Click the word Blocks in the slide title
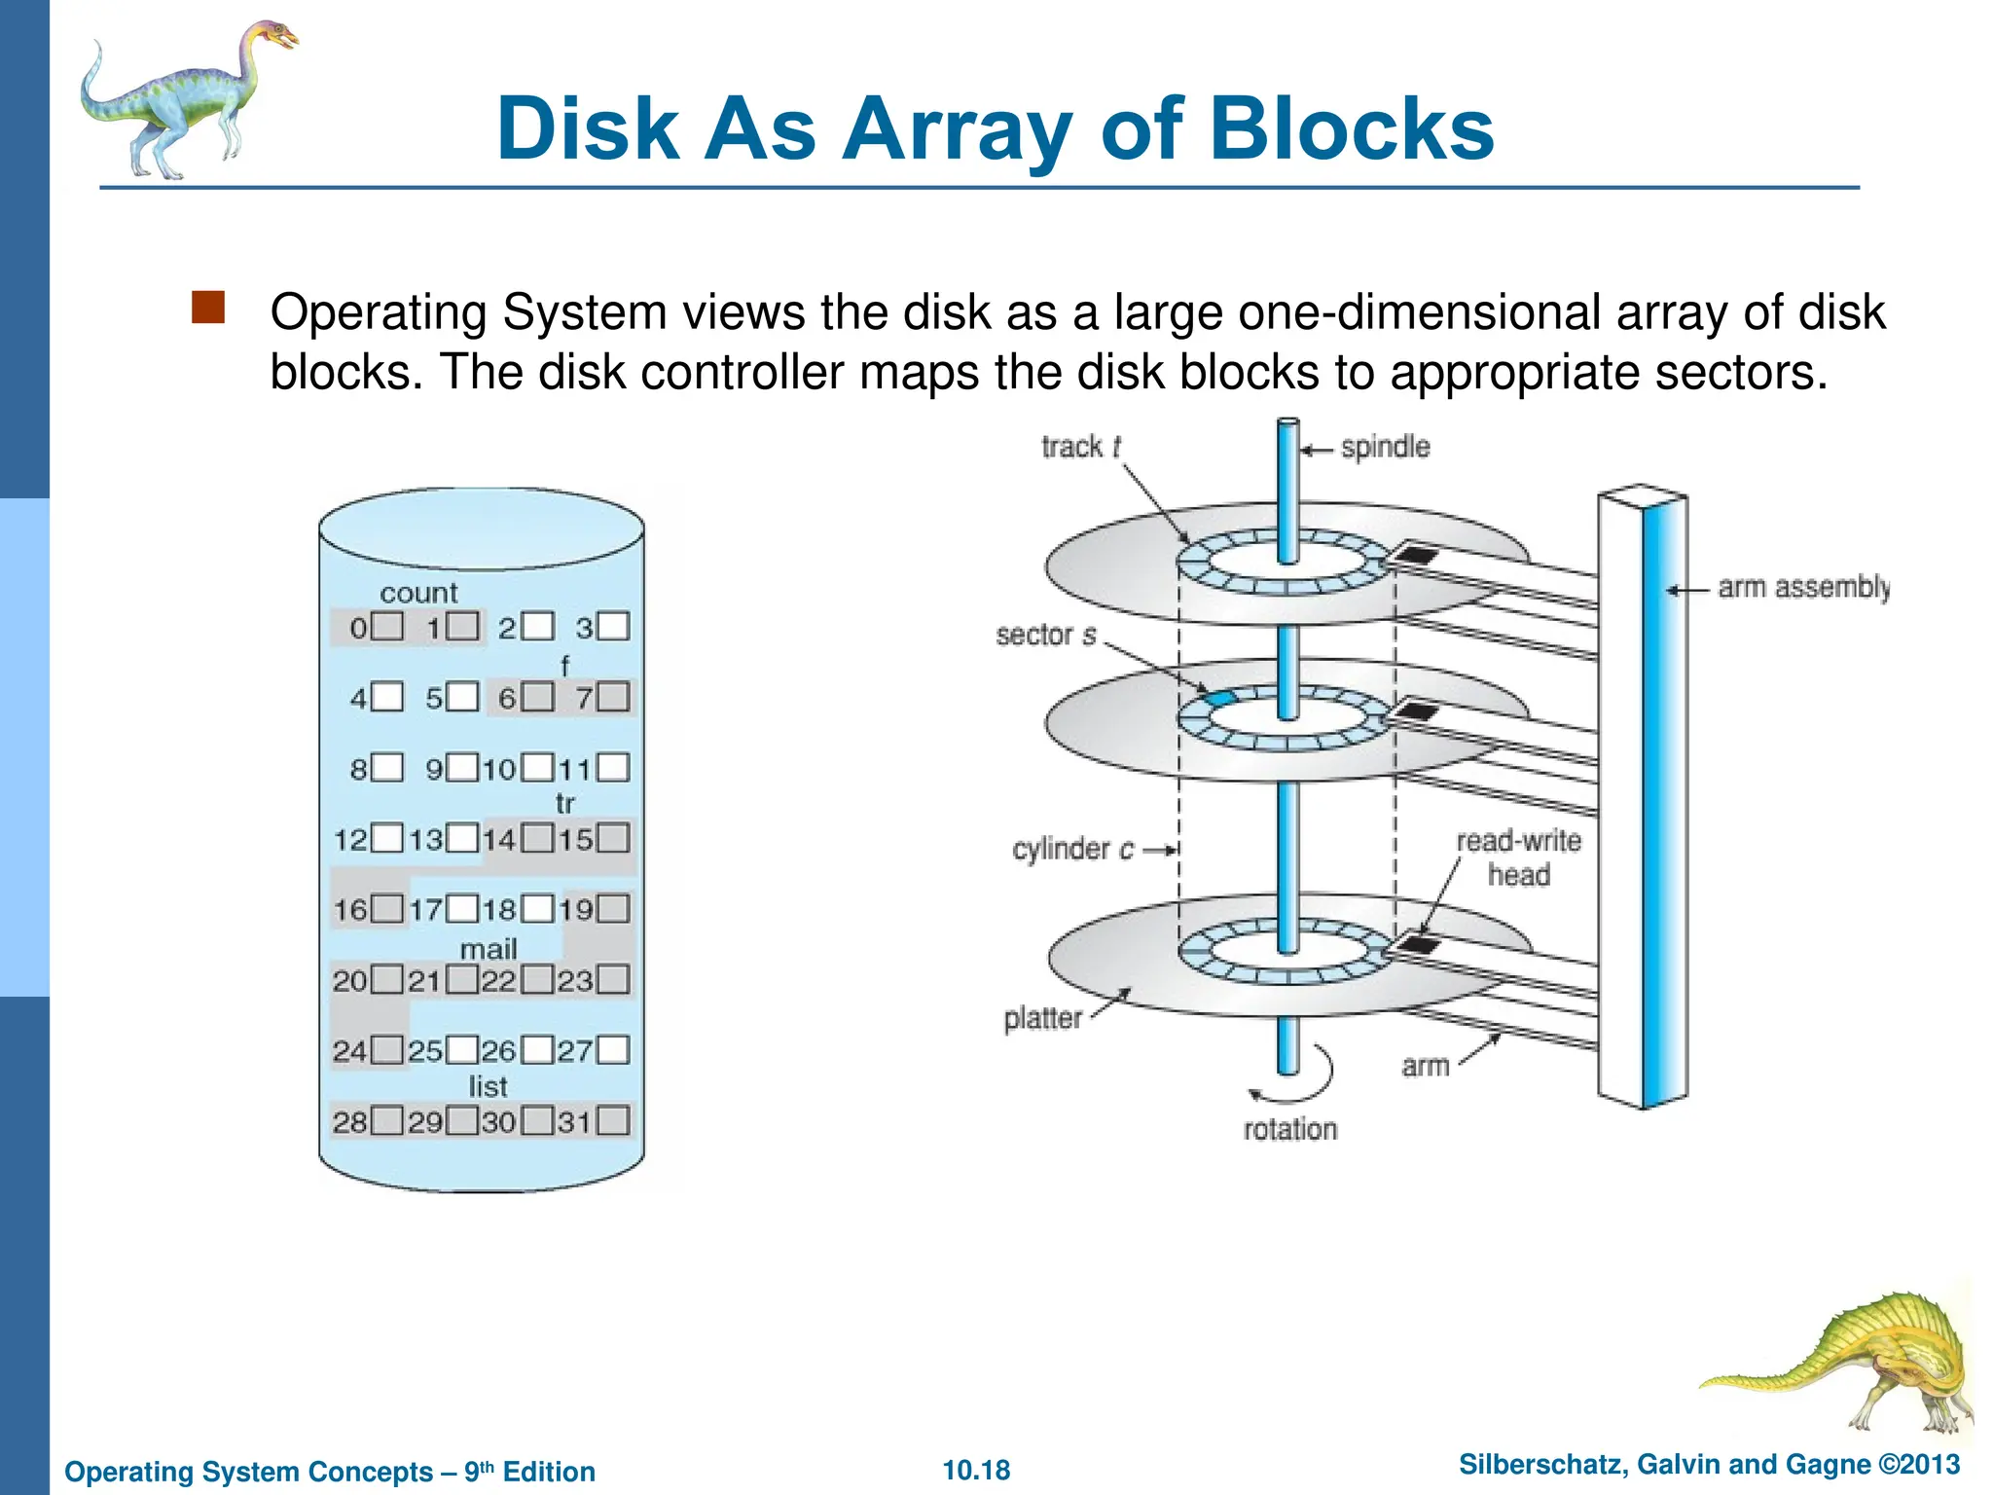tap(1352, 129)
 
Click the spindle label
tap(1385, 448)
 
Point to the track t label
tap(1080, 447)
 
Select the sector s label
tap(1045, 636)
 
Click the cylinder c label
tap(1072, 850)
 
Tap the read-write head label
tap(1518, 857)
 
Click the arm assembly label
tap(1803, 587)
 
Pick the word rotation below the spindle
tap(1290, 1130)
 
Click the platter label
tap(1042, 1019)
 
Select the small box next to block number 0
tap(388, 626)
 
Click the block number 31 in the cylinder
tap(574, 1122)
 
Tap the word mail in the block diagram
tap(489, 949)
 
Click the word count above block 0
tap(418, 593)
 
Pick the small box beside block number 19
tap(613, 909)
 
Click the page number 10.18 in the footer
tap(976, 1471)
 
